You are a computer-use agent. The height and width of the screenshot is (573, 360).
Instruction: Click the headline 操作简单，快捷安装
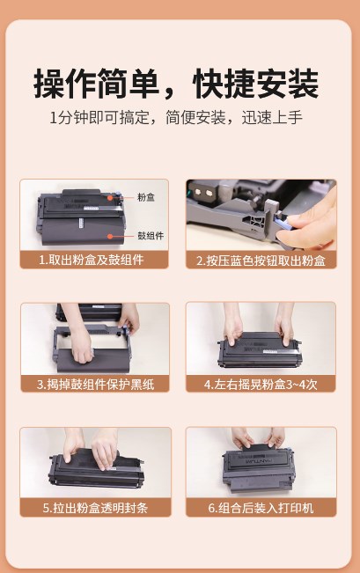coord(176,84)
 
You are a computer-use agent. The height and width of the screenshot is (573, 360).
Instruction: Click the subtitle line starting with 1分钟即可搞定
coord(176,117)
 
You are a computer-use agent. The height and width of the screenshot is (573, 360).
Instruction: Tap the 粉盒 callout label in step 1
coord(146,197)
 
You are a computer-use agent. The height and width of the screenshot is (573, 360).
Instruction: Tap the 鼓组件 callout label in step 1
coord(151,236)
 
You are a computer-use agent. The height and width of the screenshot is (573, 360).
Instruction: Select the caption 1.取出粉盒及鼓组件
coord(92,260)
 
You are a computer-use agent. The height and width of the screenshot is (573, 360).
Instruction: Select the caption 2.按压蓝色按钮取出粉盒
coord(261,261)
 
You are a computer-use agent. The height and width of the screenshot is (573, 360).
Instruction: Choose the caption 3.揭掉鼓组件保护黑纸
coord(95,384)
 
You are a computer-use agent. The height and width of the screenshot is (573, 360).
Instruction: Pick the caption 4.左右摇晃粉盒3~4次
coord(261,384)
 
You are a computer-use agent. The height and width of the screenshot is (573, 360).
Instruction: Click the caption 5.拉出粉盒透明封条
coord(95,508)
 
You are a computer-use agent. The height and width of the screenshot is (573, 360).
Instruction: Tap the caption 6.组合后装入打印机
coord(261,508)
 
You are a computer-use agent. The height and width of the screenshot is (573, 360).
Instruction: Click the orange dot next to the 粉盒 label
coord(110,198)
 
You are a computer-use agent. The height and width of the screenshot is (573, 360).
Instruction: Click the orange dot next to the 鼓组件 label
coord(110,236)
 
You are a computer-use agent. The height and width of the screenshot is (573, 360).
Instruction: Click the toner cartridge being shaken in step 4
coord(260,351)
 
